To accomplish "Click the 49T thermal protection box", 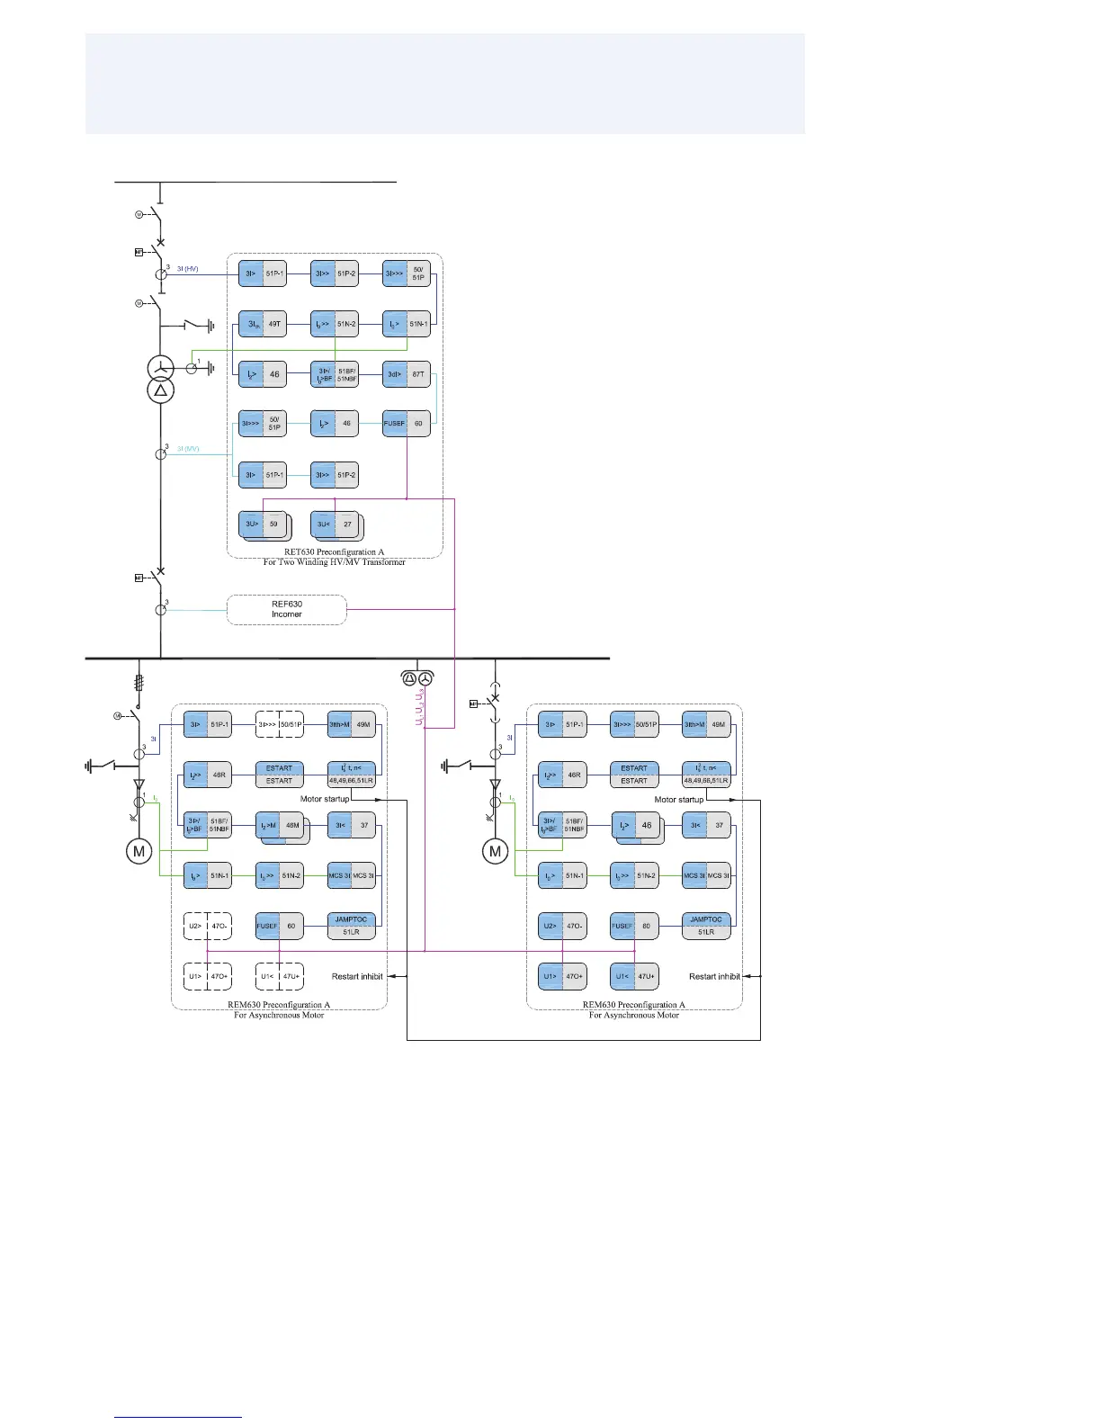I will click(x=263, y=324).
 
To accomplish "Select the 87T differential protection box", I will click(x=407, y=374).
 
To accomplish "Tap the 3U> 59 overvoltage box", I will click(x=263, y=524).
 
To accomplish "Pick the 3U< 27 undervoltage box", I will click(x=335, y=524).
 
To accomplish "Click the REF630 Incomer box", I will click(x=287, y=610).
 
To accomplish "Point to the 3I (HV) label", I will click(x=187, y=269).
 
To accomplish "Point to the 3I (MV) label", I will click(x=187, y=448).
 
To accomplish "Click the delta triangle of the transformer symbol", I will click(x=161, y=390).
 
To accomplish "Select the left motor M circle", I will click(x=139, y=851).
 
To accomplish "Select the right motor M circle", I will click(x=495, y=851).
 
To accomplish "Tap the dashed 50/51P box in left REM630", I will click(x=279, y=724).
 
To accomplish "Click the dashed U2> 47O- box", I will click(x=208, y=926).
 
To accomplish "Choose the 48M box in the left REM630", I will click(x=281, y=826).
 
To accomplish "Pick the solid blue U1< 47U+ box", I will click(x=635, y=976).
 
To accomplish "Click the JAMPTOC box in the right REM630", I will click(x=706, y=926).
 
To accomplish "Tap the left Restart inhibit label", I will click(x=357, y=976).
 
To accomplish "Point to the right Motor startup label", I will click(x=679, y=800).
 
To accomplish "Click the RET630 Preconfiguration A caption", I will click(x=334, y=552).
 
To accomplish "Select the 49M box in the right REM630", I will click(x=706, y=724).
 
